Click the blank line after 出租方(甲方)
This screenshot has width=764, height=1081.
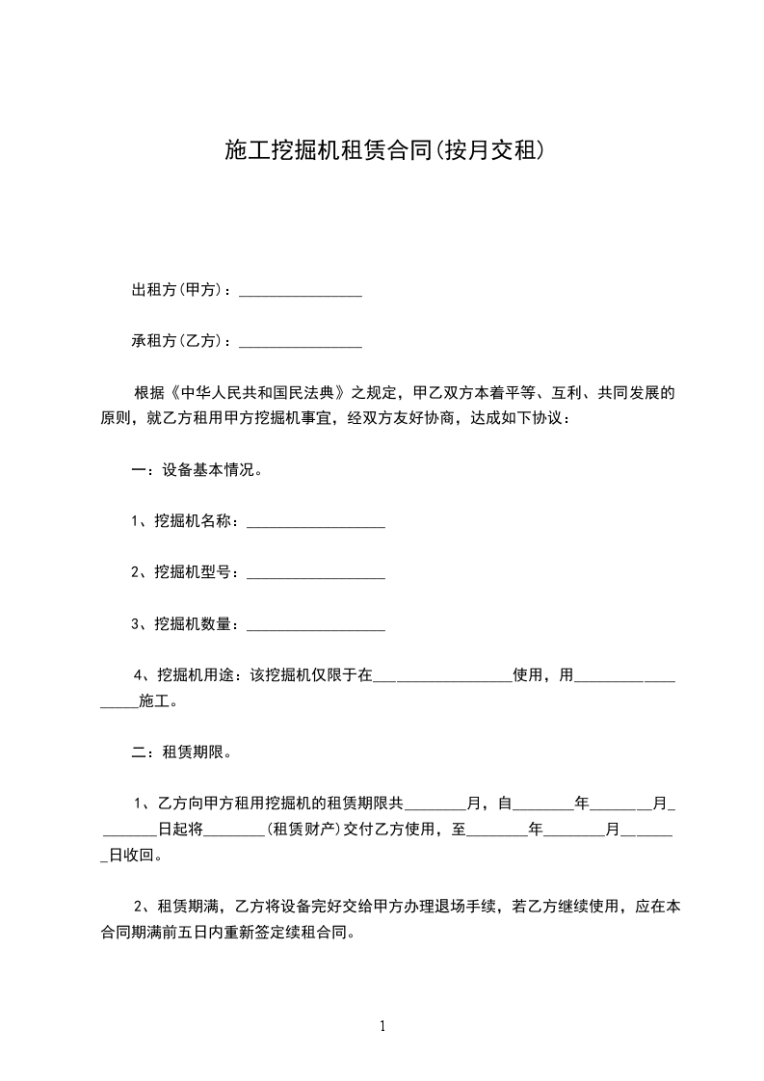coord(300,292)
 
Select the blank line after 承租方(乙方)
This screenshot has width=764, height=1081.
coord(300,342)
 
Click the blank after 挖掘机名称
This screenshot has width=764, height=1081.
coord(316,523)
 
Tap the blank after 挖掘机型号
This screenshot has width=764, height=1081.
coord(316,573)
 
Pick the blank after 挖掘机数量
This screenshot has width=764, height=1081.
coord(316,625)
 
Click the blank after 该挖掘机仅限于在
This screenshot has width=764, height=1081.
coord(442,677)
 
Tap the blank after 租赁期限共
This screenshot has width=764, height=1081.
coord(440,804)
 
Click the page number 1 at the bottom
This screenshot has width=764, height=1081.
coord(382,1026)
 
